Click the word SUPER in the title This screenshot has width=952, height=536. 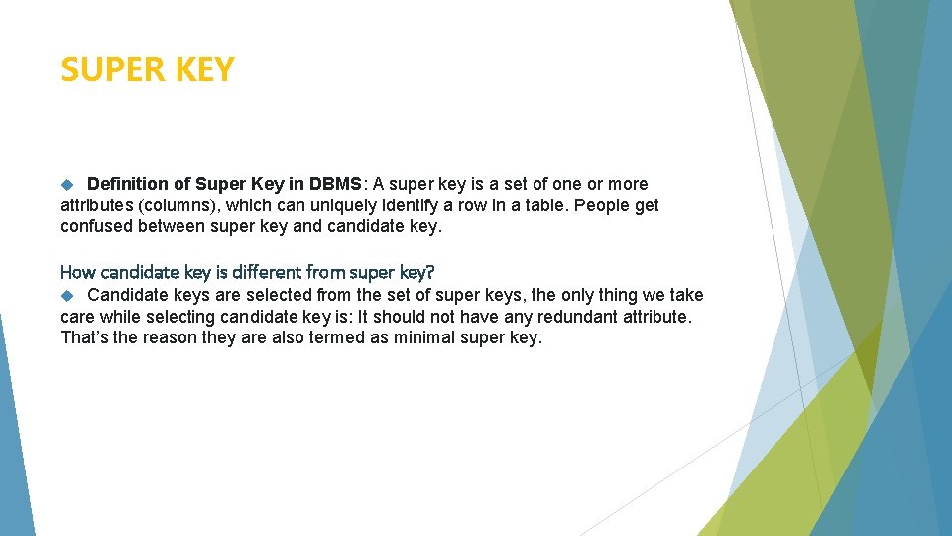click(x=109, y=70)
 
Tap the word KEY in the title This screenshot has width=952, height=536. click(x=202, y=70)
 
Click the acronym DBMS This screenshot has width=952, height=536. click(x=336, y=184)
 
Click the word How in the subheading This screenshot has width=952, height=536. click(x=78, y=271)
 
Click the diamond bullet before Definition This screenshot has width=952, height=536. click(x=67, y=184)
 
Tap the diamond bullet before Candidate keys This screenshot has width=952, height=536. click(x=67, y=295)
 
